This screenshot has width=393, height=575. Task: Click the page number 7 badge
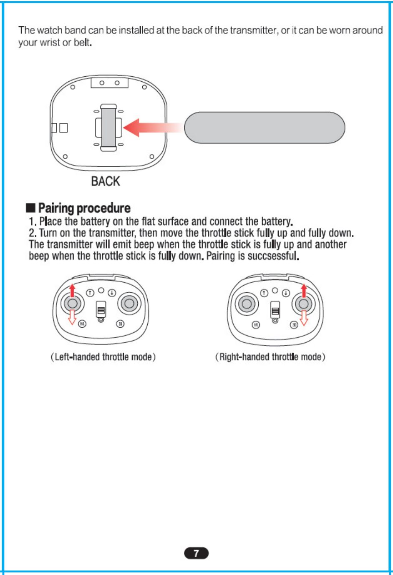(x=196, y=553)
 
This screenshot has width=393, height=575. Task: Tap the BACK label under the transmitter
(x=106, y=181)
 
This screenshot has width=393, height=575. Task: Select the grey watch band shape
(x=265, y=128)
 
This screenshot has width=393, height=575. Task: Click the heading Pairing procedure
(x=84, y=208)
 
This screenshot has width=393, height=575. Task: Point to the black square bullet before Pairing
(x=30, y=208)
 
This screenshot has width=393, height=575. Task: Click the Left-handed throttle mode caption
(x=103, y=357)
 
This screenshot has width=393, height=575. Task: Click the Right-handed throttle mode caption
(x=270, y=357)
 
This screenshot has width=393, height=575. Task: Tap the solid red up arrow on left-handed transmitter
(x=73, y=290)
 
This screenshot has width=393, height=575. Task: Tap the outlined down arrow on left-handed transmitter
(x=72, y=317)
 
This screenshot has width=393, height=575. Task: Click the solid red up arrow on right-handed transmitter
(x=304, y=290)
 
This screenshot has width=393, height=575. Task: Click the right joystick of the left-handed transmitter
(x=129, y=303)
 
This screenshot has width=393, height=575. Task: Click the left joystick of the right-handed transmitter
(x=247, y=303)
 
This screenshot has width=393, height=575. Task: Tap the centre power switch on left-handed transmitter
(x=101, y=309)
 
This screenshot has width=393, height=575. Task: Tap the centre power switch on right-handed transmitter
(x=275, y=309)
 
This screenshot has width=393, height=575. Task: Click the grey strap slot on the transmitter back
(x=108, y=128)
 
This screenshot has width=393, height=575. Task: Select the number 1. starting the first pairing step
(x=33, y=221)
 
